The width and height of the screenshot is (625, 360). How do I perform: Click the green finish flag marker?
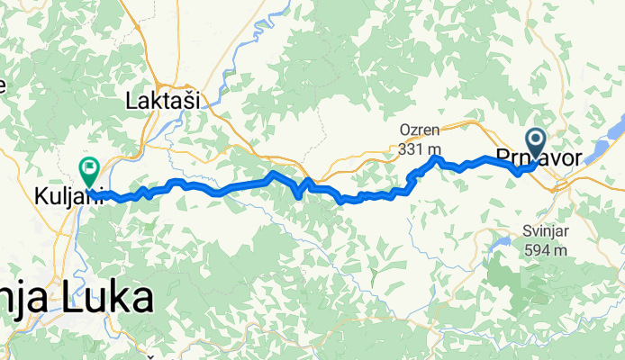pos(90,166)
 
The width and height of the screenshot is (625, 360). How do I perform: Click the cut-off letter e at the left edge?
pos(3,86)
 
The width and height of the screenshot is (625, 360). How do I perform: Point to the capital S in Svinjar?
pos(526,232)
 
